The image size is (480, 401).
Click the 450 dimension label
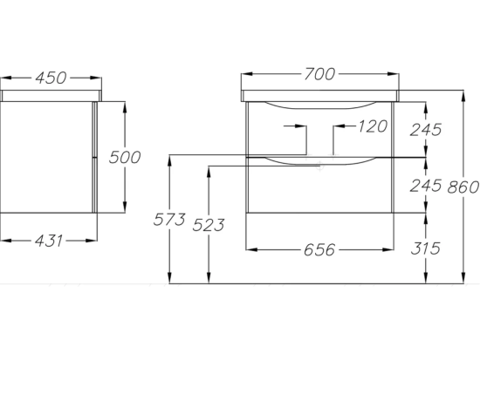click(x=51, y=78)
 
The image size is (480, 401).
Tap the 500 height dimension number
click(x=125, y=157)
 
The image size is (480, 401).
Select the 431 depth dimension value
click(x=49, y=241)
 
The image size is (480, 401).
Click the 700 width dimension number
click(x=319, y=74)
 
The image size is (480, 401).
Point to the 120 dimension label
click(x=373, y=126)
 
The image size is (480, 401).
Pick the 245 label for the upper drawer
click(x=426, y=130)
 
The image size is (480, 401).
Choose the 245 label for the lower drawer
click(x=426, y=186)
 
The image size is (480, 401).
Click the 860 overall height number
click(x=463, y=187)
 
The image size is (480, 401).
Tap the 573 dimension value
click(x=169, y=220)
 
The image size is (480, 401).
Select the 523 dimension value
click(x=209, y=225)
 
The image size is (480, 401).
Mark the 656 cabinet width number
click(x=319, y=250)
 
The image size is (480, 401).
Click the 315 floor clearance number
click(x=426, y=248)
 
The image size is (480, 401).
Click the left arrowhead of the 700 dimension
click(x=247, y=74)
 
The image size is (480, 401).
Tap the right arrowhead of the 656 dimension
click(x=388, y=249)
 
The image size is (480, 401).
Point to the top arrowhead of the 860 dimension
click(x=463, y=96)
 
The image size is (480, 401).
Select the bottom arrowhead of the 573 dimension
click(x=169, y=278)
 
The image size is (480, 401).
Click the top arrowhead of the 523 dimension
click(x=209, y=173)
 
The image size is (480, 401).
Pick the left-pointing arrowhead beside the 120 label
click(x=339, y=126)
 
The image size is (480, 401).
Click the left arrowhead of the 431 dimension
click(x=6, y=241)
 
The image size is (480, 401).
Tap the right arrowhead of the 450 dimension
click(x=96, y=78)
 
